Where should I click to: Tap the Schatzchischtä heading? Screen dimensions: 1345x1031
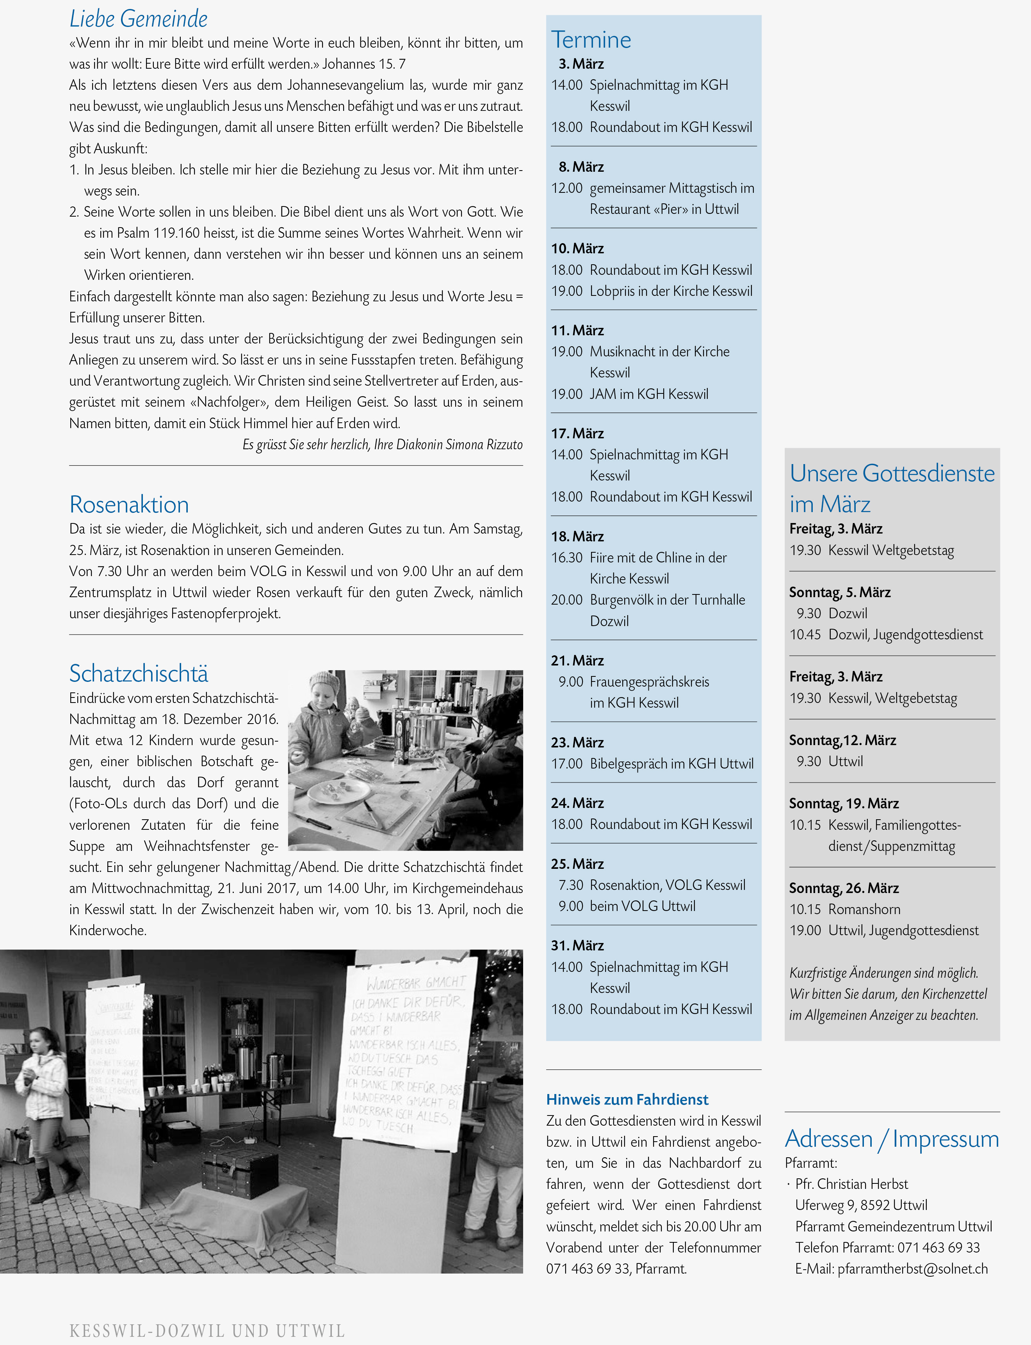point(139,673)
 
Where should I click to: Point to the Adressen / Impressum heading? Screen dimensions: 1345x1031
point(892,1139)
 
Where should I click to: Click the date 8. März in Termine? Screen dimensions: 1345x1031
point(580,167)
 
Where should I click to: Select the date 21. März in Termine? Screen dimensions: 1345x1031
point(577,660)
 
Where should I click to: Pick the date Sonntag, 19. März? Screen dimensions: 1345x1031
point(844,803)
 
